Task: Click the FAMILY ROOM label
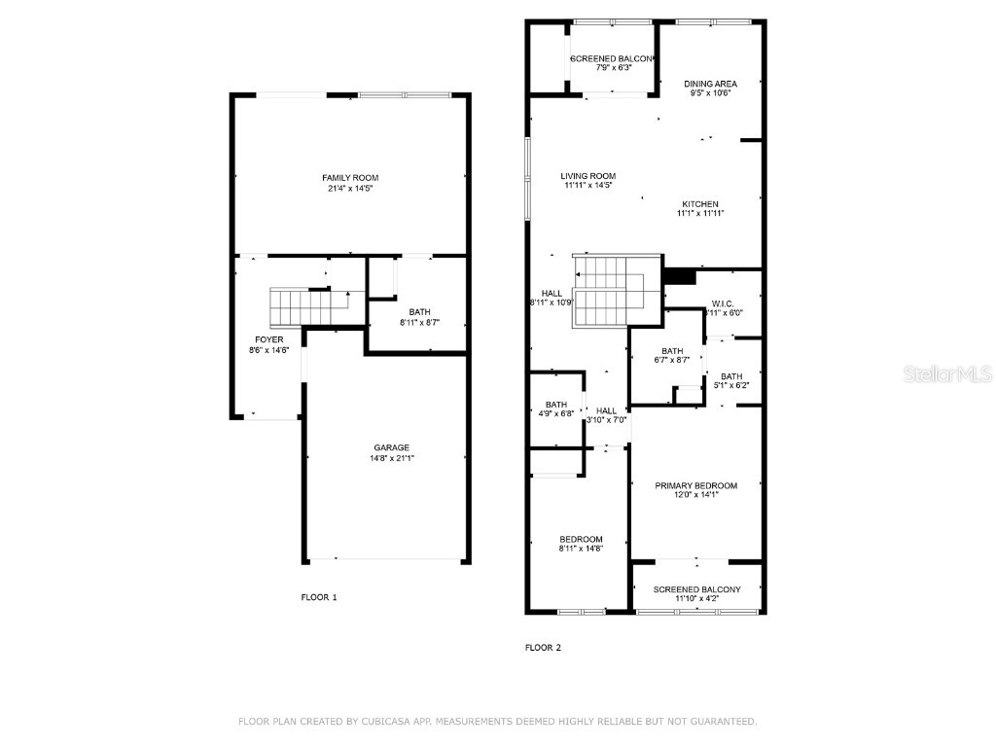[350, 177]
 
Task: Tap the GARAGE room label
[392, 447]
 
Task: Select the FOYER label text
[269, 339]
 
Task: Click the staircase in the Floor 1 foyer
[302, 306]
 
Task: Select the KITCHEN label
[700, 204]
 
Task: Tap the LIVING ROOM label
[587, 176]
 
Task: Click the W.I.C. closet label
[721, 302]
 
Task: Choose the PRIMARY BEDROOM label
[695, 485]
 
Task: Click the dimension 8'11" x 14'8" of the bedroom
[581, 550]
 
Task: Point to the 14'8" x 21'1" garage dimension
[392, 458]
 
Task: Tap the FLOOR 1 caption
[319, 597]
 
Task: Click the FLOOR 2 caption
[543, 647]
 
